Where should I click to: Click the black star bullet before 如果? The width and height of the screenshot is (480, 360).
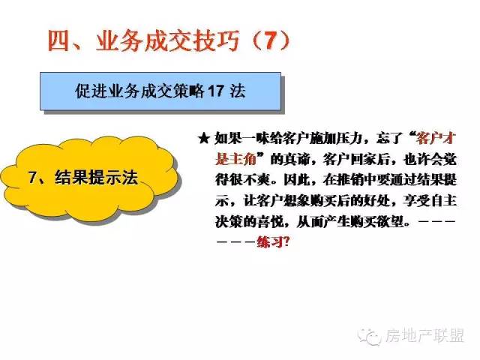pos(203,139)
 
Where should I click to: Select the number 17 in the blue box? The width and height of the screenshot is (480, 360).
pos(216,91)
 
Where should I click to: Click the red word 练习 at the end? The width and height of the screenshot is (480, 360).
pos(269,242)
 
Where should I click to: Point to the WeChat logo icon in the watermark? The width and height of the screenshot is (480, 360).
pos(369,337)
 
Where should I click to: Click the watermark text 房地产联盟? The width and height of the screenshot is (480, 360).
pos(424,335)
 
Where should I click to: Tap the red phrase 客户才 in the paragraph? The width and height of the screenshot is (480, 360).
pos(436,139)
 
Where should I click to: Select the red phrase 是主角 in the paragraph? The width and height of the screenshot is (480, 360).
pos(235,160)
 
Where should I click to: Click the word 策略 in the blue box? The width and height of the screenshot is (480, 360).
pos(189,91)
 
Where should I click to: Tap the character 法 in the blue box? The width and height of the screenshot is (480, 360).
pos(238,91)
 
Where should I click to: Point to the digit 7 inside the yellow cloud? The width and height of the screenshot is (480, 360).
pos(32,178)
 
